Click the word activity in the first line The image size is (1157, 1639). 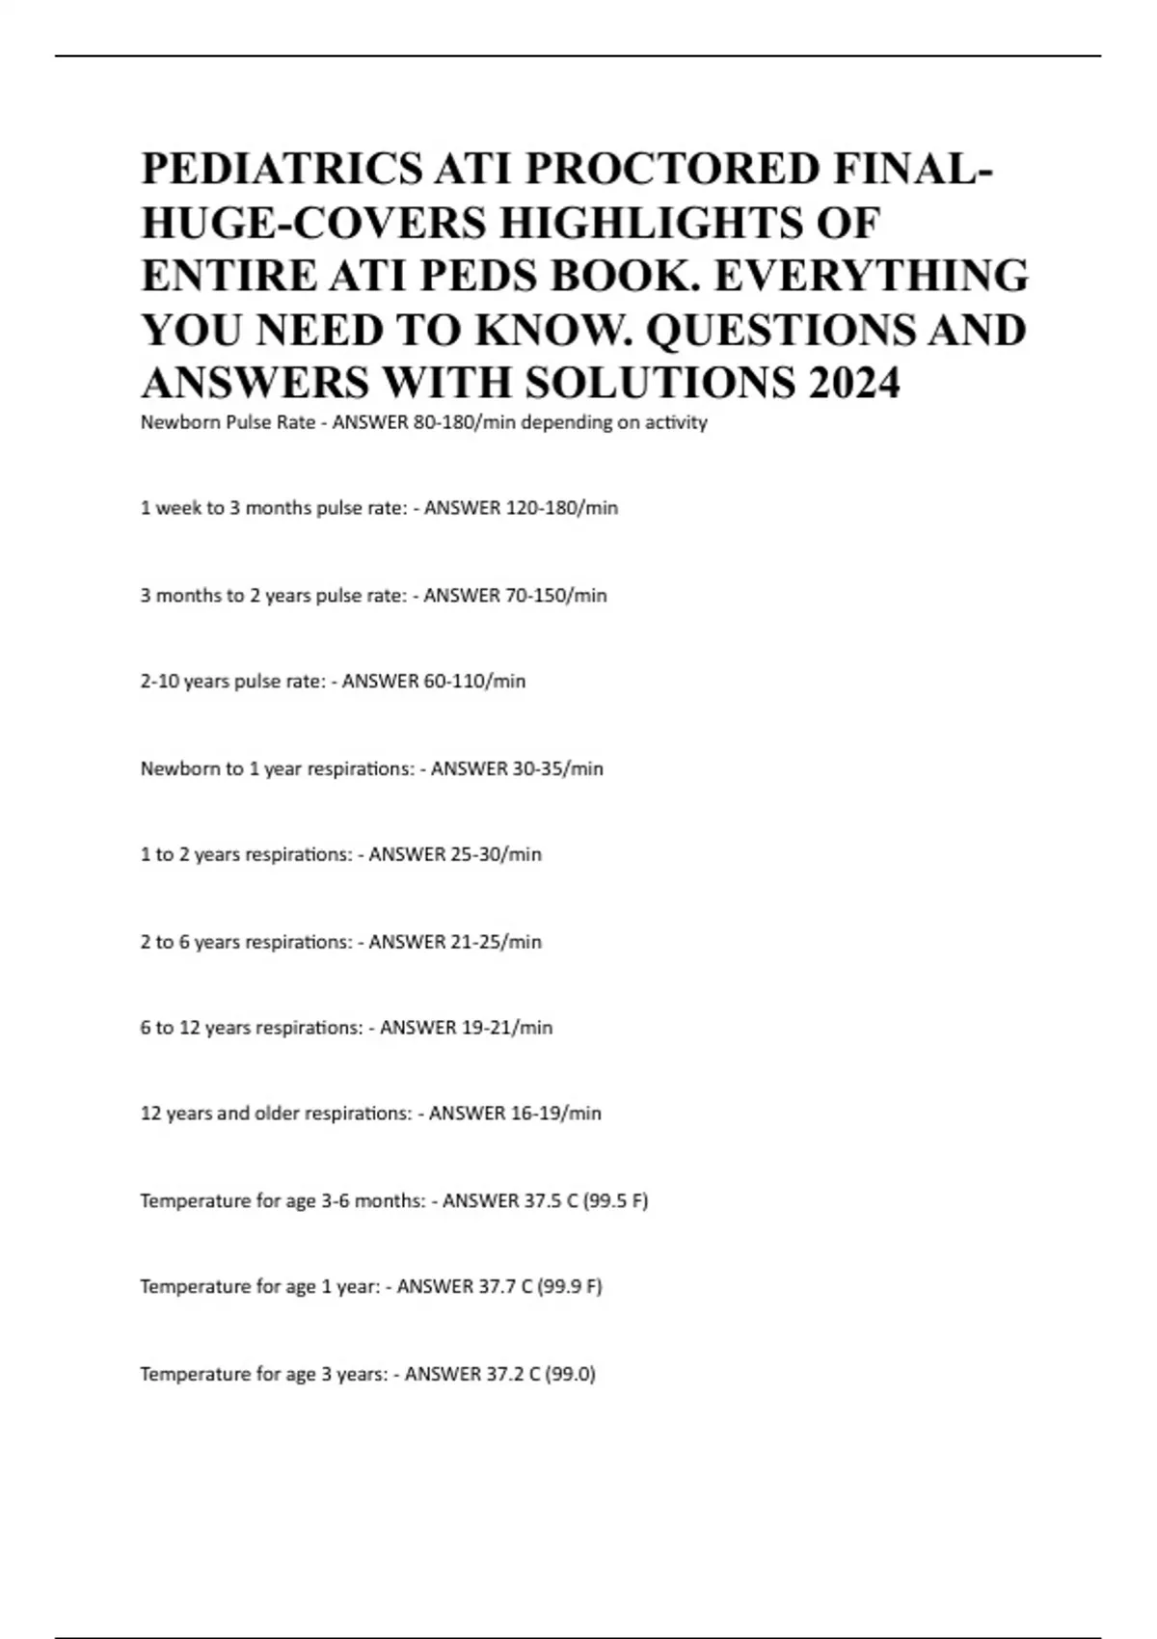(x=676, y=422)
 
